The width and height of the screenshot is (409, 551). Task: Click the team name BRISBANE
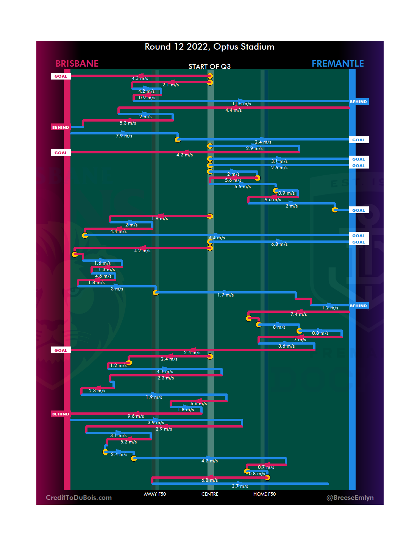pyautogui.click(x=77, y=64)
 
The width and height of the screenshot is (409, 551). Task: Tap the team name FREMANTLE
pyautogui.click(x=337, y=64)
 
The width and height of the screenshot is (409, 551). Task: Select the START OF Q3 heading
pyautogui.click(x=209, y=67)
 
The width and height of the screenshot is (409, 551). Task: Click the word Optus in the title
pyautogui.click(x=226, y=47)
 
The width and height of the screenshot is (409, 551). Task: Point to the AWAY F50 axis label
pyautogui.click(x=155, y=494)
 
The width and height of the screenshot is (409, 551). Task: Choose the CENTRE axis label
pyautogui.click(x=210, y=494)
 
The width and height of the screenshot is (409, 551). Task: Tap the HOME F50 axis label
pyautogui.click(x=264, y=494)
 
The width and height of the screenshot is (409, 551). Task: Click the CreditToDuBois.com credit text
pyautogui.click(x=79, y=498)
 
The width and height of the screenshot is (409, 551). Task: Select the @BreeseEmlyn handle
pyautogui.click(x=350, y=498)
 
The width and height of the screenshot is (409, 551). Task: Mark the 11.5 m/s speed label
pyautogui.click(x=242, y=104)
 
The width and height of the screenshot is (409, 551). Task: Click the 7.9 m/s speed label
pyautogui.click(x=124, y=136)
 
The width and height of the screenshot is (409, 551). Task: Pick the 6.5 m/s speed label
pyautogui.click(x=242, y=187)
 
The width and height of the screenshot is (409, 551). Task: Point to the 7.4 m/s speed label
pyautogui.click(x=298, y=314)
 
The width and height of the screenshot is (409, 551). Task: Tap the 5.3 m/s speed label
pyautogui.click(x=128, y=123)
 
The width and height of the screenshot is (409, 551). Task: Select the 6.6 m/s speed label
pyautogui.click(x=198, y=404)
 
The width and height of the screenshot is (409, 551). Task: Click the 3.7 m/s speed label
pyautogui.click(x=240, y=486)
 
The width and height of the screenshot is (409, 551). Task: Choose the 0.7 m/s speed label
pyautogui.click(x=266, y=467)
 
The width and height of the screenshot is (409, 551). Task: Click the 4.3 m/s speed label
pyautogui.click(x=140, y=78)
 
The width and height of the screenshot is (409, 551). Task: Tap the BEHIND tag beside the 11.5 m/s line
pyautogui.click(x=358, y=102)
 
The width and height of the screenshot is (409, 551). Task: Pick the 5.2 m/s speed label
pyautogui.click(x=128, y=442)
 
